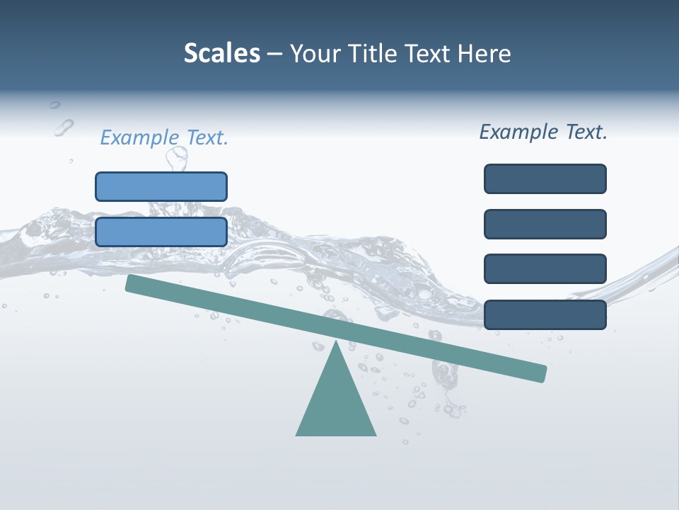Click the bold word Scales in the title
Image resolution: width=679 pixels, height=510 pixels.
[222, 54]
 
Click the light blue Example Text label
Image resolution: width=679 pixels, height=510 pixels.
[164, 137]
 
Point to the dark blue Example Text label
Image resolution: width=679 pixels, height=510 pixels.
[543, 132]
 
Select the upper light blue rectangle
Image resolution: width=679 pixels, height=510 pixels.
[161, 186]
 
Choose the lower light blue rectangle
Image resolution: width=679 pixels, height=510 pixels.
[161, 232]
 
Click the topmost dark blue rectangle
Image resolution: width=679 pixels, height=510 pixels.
[545, 178]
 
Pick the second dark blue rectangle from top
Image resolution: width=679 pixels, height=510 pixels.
[545, 224]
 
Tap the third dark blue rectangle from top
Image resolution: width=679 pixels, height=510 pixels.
[545, 268]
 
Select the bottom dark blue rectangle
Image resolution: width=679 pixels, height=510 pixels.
[545, 314]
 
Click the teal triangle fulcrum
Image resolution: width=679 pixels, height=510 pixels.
[336, 400]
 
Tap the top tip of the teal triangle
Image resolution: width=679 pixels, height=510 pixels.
[336, 344]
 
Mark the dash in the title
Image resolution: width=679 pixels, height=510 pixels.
[275, 54]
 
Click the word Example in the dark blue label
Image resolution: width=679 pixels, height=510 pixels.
[518, 132]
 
